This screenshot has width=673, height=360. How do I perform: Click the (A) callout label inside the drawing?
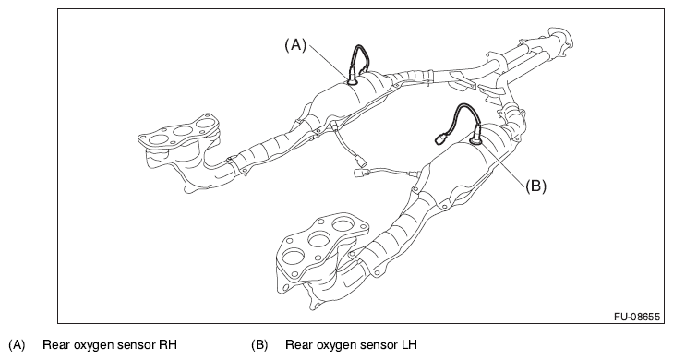coord(295,44)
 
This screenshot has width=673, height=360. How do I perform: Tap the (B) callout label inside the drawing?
coord(535,186)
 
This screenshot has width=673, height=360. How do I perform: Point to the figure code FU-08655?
coord(636,317)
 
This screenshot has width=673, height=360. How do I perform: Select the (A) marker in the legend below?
coord(18,344)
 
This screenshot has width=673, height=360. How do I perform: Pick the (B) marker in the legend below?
coord(259,344)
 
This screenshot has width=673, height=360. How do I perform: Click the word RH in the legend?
coord(168,344)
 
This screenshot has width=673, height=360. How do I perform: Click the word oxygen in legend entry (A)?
coord(93,345)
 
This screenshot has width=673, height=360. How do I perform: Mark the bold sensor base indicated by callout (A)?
coord(353,80)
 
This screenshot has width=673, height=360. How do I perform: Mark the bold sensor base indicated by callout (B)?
coord(476,139)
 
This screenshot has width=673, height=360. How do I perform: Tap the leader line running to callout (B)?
coord(504,164)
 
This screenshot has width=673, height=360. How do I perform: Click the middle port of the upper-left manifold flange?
coord(181,131)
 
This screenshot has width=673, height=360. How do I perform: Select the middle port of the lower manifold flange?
coord(319,239)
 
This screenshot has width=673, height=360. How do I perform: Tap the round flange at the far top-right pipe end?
coord(560,39)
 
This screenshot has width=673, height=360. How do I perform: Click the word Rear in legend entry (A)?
coord(55,344)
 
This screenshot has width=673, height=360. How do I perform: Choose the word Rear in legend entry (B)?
coord(298,344)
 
